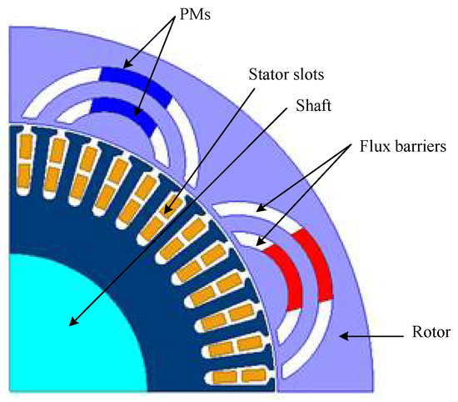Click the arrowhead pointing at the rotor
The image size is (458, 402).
coord(343,335)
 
